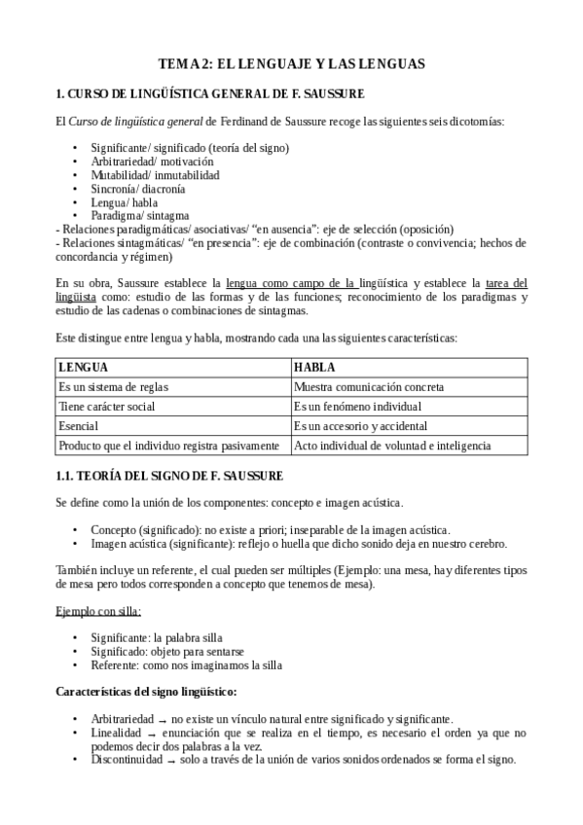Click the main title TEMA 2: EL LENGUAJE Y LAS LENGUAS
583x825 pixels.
291,64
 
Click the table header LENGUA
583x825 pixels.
84,368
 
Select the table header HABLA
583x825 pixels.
314,368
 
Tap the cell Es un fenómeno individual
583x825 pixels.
357,407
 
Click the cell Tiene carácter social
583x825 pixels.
107,407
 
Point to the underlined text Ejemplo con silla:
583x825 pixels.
97,611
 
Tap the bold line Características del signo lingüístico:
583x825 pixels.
147,693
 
